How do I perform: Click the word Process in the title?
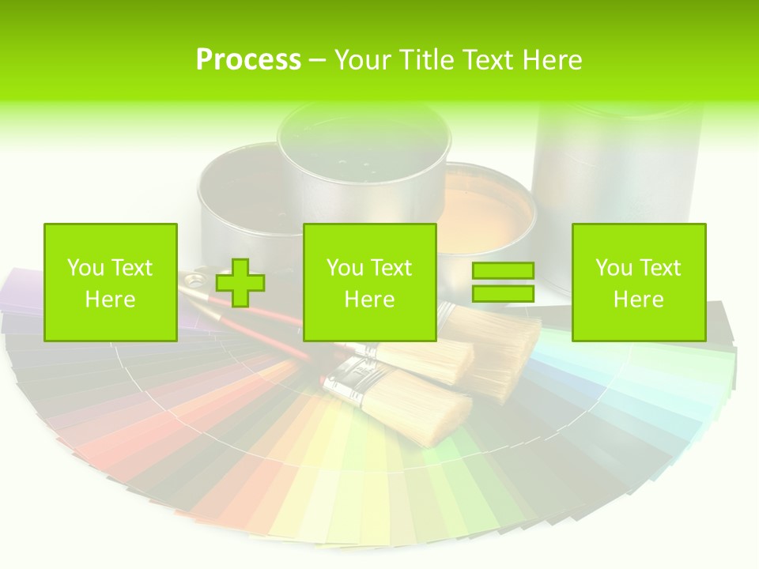(x=248, y=60)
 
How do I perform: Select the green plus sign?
(x=240, y=283)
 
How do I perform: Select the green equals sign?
(x=503, y=282)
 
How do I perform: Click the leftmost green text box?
(x=111, y=282)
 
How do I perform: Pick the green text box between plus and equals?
(x=370, y=282)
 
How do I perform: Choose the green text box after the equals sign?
(x=639, y=282)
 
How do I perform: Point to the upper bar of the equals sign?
(x=503, y=271)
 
